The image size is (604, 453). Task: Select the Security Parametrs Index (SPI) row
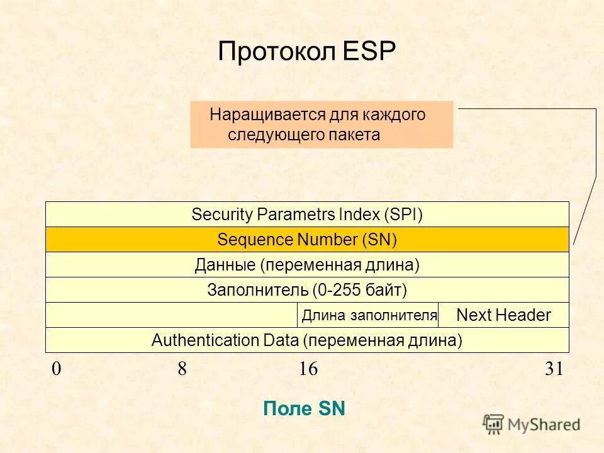(x=307, y=215)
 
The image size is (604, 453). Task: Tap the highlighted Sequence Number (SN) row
(x=307, y=240)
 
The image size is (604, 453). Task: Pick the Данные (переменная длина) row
(x=307, y=265)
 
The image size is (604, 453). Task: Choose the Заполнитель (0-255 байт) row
(x=307, y=290)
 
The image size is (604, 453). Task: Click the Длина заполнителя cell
(x=369, y=315)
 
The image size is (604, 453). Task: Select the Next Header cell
(x=503, y=315)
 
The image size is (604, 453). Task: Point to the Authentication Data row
(x=307, y=340)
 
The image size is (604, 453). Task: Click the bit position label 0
(x=57, y=369)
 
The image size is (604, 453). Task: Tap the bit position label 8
(x=182, y=369)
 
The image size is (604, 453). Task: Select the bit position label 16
(x=308, y=369)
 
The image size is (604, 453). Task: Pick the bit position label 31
(x=554, y=369)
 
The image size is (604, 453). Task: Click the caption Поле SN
(x=305, y=409)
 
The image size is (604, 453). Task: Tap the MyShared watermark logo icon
(x=493, y=423)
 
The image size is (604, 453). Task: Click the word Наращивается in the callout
(x=267, y=115)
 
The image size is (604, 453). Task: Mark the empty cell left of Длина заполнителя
(x=171, y=315)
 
